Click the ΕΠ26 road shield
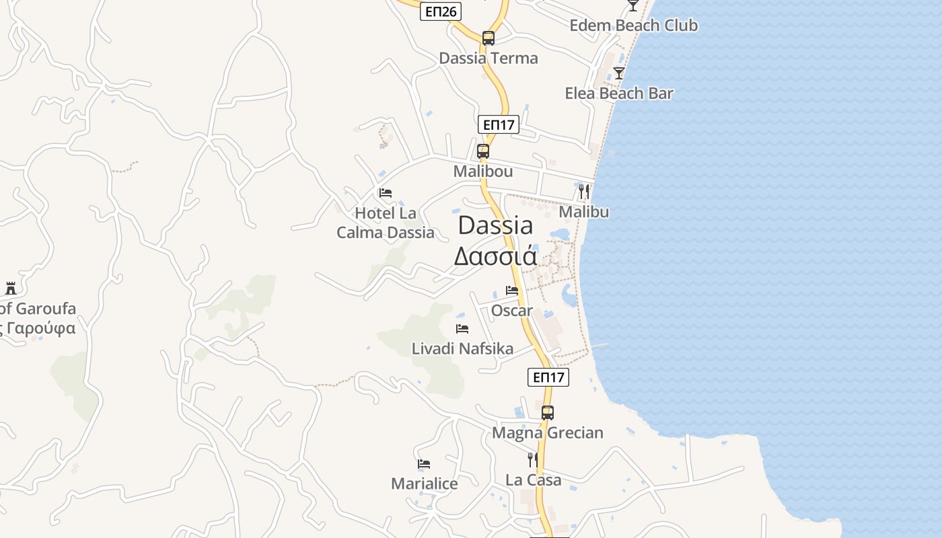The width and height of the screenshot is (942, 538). click(x=441, y=11)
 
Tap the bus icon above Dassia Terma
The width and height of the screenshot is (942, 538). click(x=488, y=38)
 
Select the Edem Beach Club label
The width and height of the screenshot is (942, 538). click(x=633, y=26)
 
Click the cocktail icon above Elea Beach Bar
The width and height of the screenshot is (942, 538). click(x=619, y=73)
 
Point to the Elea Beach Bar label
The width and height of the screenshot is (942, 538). click(x=619, y=93)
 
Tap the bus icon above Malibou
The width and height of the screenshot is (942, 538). click(x=483, y=151)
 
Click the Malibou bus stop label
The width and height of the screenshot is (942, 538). click(x=483, y=171)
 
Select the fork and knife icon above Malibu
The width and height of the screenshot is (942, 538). click(x=583, y=192)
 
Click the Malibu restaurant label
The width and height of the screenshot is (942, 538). click(x=584, y=212)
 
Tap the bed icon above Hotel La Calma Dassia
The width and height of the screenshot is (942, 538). click(x=386, y=193)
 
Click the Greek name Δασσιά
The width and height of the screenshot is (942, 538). click(x=495, y=257)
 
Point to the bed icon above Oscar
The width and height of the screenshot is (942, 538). click(x=512, y=291)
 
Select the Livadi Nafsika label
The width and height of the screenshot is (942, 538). click(x=462, y=349)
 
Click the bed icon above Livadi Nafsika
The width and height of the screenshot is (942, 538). click(x=462, y=329)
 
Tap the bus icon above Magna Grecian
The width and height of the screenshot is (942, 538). click(x=548, y=413)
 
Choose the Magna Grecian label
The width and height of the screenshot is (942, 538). click(x=548, y=433)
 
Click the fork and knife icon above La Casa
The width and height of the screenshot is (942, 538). click(x=533, y=460)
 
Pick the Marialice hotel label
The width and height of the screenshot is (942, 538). click(x=425, y=484)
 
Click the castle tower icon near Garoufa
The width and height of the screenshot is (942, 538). click(x=11, y=289)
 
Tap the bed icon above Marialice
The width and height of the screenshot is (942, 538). click(x=424, y=464)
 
